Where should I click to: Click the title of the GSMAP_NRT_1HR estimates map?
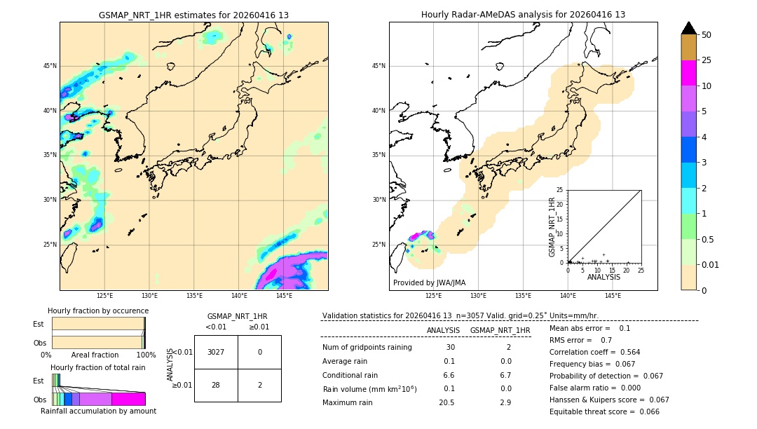pyautogui.click(x=193, y=15)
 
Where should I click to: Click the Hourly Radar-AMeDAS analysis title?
pyautogui.click(x=523, y=15)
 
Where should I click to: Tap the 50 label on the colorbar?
pyautogui.click(x=707, y=35)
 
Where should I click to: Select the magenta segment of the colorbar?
pyautogui.click(x=689, y=73)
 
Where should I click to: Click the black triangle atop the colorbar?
pyautogui.click(x=689, y=28)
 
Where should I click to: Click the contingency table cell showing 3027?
pyautogui.click(x=216, y=352)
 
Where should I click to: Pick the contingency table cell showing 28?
pyautogui.click(x=216, y=385)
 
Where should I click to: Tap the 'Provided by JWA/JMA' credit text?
pyautogui.click(x=429, y=283)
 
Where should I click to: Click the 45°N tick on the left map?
pyautogui.click(x=50, y=66)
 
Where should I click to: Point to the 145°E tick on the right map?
pyautogui.click(x=613, y=296)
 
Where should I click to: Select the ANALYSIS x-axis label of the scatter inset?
pyautogui.click(x=603, y=277)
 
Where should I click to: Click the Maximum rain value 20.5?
pyautogui.click(x=446, y=402)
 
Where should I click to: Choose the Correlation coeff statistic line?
pyautogui.click(x=594, y=353)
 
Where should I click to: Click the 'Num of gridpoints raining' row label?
pyautogui.click(x=367, y=348)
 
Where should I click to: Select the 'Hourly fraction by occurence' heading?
pyautogui.click(x=98, y=311)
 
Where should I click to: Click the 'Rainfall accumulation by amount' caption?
pyautogui.click(x=98, y=411)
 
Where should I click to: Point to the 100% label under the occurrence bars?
pyautogui.click(x=146, y=355)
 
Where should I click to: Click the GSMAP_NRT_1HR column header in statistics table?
pyautogui.click(x=500, y=330)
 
